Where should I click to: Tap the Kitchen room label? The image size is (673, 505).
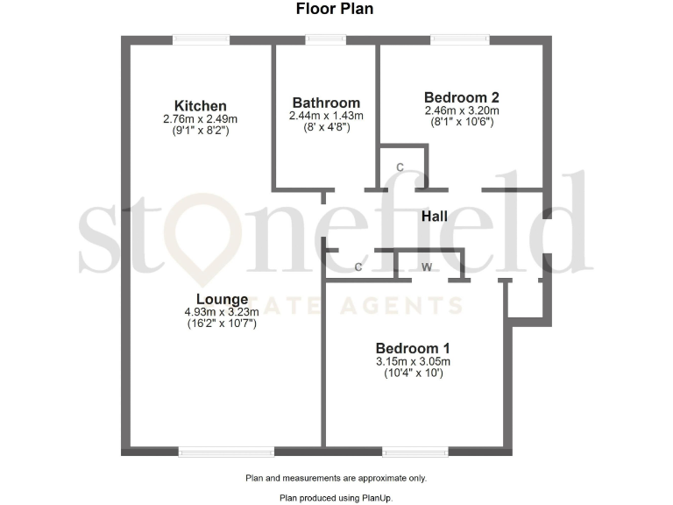click(200, 106)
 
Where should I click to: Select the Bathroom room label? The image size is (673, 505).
click(326, 103)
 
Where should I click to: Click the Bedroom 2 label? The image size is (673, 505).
click(461, 97)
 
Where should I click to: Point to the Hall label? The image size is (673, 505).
click(435, 216)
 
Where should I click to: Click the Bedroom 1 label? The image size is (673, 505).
click(413, 347)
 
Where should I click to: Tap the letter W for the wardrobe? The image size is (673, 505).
click(427, 267)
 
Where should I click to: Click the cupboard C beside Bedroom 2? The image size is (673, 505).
click(400, 167)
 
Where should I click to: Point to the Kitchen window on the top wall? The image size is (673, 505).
click(201, 39)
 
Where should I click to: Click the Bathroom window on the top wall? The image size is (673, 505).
click(325, 39)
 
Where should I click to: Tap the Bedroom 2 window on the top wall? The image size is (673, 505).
click(459, 39)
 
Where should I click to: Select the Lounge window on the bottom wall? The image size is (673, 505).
click(226, 452)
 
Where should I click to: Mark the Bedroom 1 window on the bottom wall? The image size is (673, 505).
click(415, 452)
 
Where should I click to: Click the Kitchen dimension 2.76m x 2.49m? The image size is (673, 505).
click(200, 119)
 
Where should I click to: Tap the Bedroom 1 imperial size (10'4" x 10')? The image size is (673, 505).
click(414, 373)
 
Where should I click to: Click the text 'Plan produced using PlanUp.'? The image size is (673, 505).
click(336, 497)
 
